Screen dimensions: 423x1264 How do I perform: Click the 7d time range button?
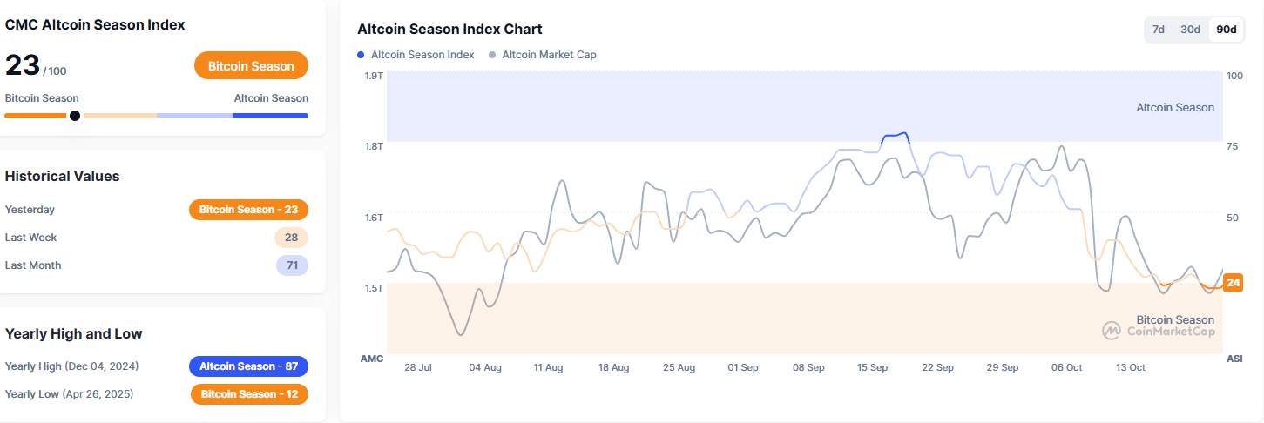coord(1159,30)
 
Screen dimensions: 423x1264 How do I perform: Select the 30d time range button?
coord(1190,30)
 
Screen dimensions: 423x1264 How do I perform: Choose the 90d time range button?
coord(1227,30)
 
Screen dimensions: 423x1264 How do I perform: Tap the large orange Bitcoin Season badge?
coord(251,66)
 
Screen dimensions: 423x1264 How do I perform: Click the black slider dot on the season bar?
coord(75,115)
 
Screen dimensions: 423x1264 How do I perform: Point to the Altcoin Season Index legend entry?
coord(416,55)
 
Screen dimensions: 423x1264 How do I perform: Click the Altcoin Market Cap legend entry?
coord(543,55)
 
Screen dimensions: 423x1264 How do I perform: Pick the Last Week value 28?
coord(291,238)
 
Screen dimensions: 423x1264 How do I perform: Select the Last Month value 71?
coord(292,265)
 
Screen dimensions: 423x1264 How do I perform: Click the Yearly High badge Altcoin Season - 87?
coord(248,366)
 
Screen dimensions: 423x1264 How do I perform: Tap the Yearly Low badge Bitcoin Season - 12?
coord(249,394)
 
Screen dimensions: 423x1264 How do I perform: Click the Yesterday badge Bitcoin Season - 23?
coord(248,210)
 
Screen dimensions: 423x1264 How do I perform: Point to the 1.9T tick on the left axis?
coord(374,76)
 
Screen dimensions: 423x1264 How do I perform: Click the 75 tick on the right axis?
coord(1232,146)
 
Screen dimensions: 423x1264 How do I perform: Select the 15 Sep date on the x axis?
coord(872,367)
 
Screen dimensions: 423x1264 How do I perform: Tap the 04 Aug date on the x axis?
coord(485,367)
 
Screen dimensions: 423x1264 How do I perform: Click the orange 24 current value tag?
coord(1233,282)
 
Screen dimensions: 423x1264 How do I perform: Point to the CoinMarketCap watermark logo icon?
coord(1112,331)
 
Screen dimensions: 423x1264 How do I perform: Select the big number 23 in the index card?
coord(22,65)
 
